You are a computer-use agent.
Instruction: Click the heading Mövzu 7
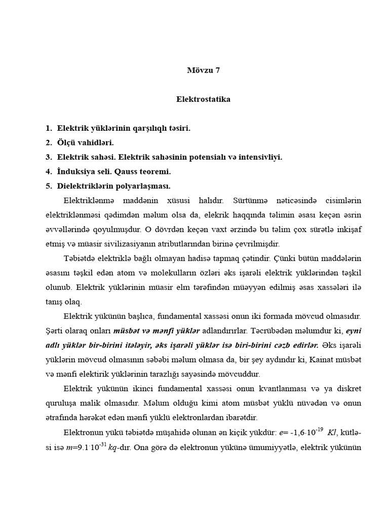(x=204, y=70)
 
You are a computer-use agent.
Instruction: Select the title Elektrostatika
(x=203, y=99)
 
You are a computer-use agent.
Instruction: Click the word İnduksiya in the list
(x=77, y=171)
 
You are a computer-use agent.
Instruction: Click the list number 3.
(x=48, y=157)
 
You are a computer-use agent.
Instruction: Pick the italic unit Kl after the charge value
(x=332, y=433)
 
